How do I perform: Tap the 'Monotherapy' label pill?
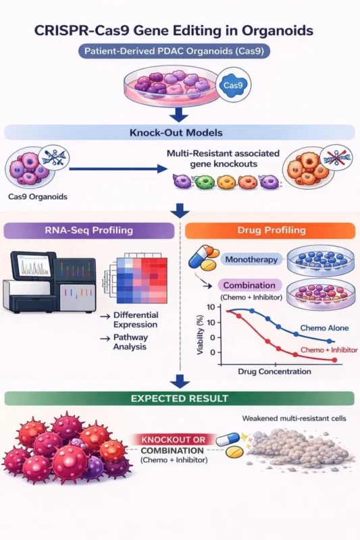point(250,259)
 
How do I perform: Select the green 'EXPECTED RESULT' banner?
point(180,398)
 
